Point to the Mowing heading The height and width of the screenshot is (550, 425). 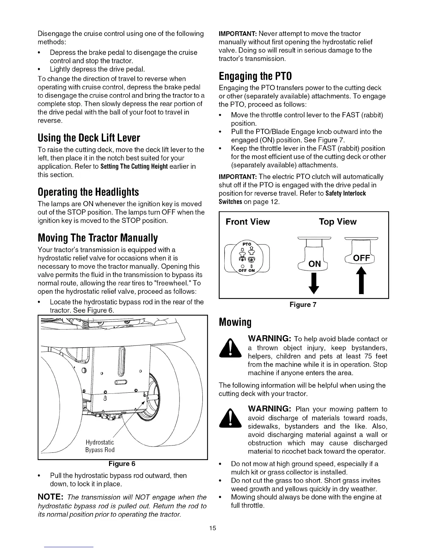point(235,322)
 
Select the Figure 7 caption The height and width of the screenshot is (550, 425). point(303,305)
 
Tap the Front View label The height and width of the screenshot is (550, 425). point(248,222)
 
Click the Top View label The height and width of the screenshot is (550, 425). point(337,222)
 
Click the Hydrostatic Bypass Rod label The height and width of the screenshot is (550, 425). point(100,446)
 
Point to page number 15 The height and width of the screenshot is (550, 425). point(212,528)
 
